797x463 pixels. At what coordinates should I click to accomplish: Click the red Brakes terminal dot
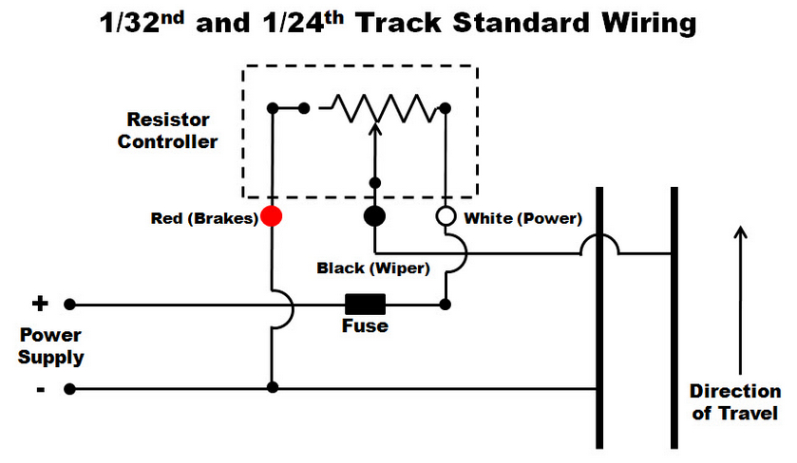tap(272, 216)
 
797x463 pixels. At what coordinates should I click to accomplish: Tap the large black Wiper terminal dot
tap(375, 216)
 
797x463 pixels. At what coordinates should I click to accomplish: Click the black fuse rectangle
tap(365, 305)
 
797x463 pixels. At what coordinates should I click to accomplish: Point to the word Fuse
tap(365, 326)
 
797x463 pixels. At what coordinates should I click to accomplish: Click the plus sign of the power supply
tap(40, 304)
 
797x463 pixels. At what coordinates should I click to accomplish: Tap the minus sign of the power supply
tap(40, 388)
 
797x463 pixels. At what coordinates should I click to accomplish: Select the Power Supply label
tap(52, 346)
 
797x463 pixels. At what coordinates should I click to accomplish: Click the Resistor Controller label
tap(172, 131)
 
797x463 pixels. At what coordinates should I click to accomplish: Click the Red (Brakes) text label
tap(204, 218)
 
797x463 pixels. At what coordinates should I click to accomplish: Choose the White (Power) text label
tap(522, 218)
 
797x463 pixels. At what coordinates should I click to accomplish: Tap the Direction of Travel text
tap(735, 402)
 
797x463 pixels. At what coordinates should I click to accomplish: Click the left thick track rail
tap(599, 318)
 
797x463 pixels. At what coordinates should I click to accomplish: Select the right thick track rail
tap(674, 318)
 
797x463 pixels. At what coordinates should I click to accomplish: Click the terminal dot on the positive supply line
tap(69, 305)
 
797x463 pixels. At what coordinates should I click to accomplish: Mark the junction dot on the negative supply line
tap(272, 388)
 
